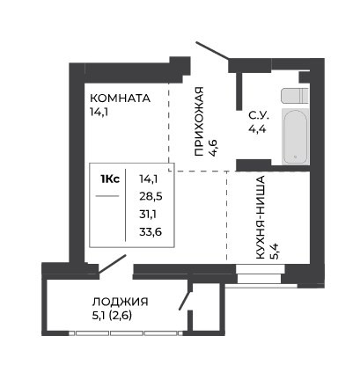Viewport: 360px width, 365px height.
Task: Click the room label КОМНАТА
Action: [x=121, y=98]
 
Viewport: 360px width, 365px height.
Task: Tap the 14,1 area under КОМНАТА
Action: [x=99, y=112]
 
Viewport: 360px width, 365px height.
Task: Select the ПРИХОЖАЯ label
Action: [x=199, y=121]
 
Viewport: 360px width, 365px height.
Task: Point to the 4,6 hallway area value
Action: [x=213, y=148]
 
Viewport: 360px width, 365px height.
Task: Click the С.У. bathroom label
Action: [x=259, y=116]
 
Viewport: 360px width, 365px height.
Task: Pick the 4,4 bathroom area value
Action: [x=257, y=128]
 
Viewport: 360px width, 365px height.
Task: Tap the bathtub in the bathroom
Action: [x=296, y=136]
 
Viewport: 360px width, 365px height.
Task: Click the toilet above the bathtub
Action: [x=295, y=95]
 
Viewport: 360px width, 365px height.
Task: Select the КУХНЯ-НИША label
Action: [x=261, y=217]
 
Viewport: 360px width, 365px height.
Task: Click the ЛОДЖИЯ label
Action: [x=121, y=302]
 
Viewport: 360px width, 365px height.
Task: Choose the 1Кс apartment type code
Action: [x=110, y=179]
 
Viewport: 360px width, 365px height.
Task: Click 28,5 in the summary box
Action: [x=151, y=196]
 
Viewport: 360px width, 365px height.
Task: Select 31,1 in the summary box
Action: [x=148, y=215]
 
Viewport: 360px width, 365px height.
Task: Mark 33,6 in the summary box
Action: [x=151, y=232]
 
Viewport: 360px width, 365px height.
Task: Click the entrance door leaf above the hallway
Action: [x=212, y=51]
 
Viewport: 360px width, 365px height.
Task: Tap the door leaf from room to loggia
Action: [x=112, y=265]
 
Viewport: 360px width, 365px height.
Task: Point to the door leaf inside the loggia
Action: [x=186, y=300]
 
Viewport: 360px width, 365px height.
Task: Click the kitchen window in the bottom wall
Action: [x=260, y=274]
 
